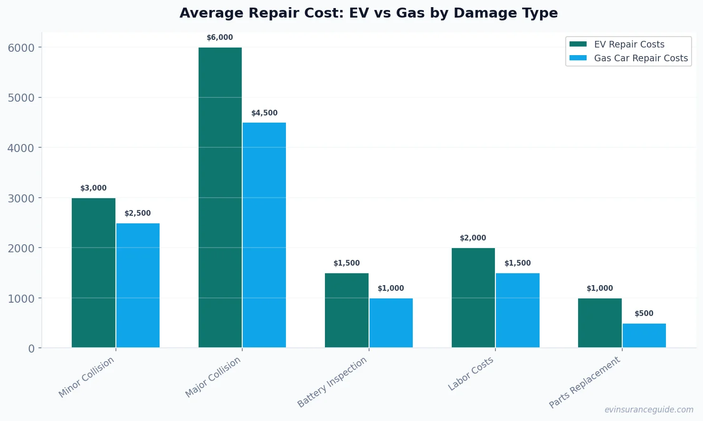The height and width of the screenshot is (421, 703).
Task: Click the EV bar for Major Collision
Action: (220, 197)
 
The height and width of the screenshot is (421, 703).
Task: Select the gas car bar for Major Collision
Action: (264, 235)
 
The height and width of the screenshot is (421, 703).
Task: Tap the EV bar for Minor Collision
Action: (94, 273)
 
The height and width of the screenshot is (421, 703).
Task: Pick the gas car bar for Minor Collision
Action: (138, 285)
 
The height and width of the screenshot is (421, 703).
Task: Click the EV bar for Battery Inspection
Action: (347, 310)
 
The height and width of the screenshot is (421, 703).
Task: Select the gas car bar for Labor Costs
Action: (517, 310)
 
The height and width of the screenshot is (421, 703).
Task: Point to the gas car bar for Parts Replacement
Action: (644, 335)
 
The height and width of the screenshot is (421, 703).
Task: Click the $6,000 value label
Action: (220, 38)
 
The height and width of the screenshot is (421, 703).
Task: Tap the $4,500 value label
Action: (264, 113)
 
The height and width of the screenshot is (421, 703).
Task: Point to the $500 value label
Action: (644, 314)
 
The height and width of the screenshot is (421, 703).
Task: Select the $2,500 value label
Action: (138, 213)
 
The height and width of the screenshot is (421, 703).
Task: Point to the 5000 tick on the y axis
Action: (21, 98)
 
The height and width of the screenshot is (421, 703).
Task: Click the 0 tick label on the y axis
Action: (31, 349)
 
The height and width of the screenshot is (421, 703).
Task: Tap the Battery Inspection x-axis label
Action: (332, 382)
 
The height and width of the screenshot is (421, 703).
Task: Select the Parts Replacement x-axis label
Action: (585, 383)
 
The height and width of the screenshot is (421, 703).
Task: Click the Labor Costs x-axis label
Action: (471, 374)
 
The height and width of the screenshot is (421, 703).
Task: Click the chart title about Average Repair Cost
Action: (369, 13)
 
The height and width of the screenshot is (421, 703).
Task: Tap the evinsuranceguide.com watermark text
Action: (649, 410)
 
